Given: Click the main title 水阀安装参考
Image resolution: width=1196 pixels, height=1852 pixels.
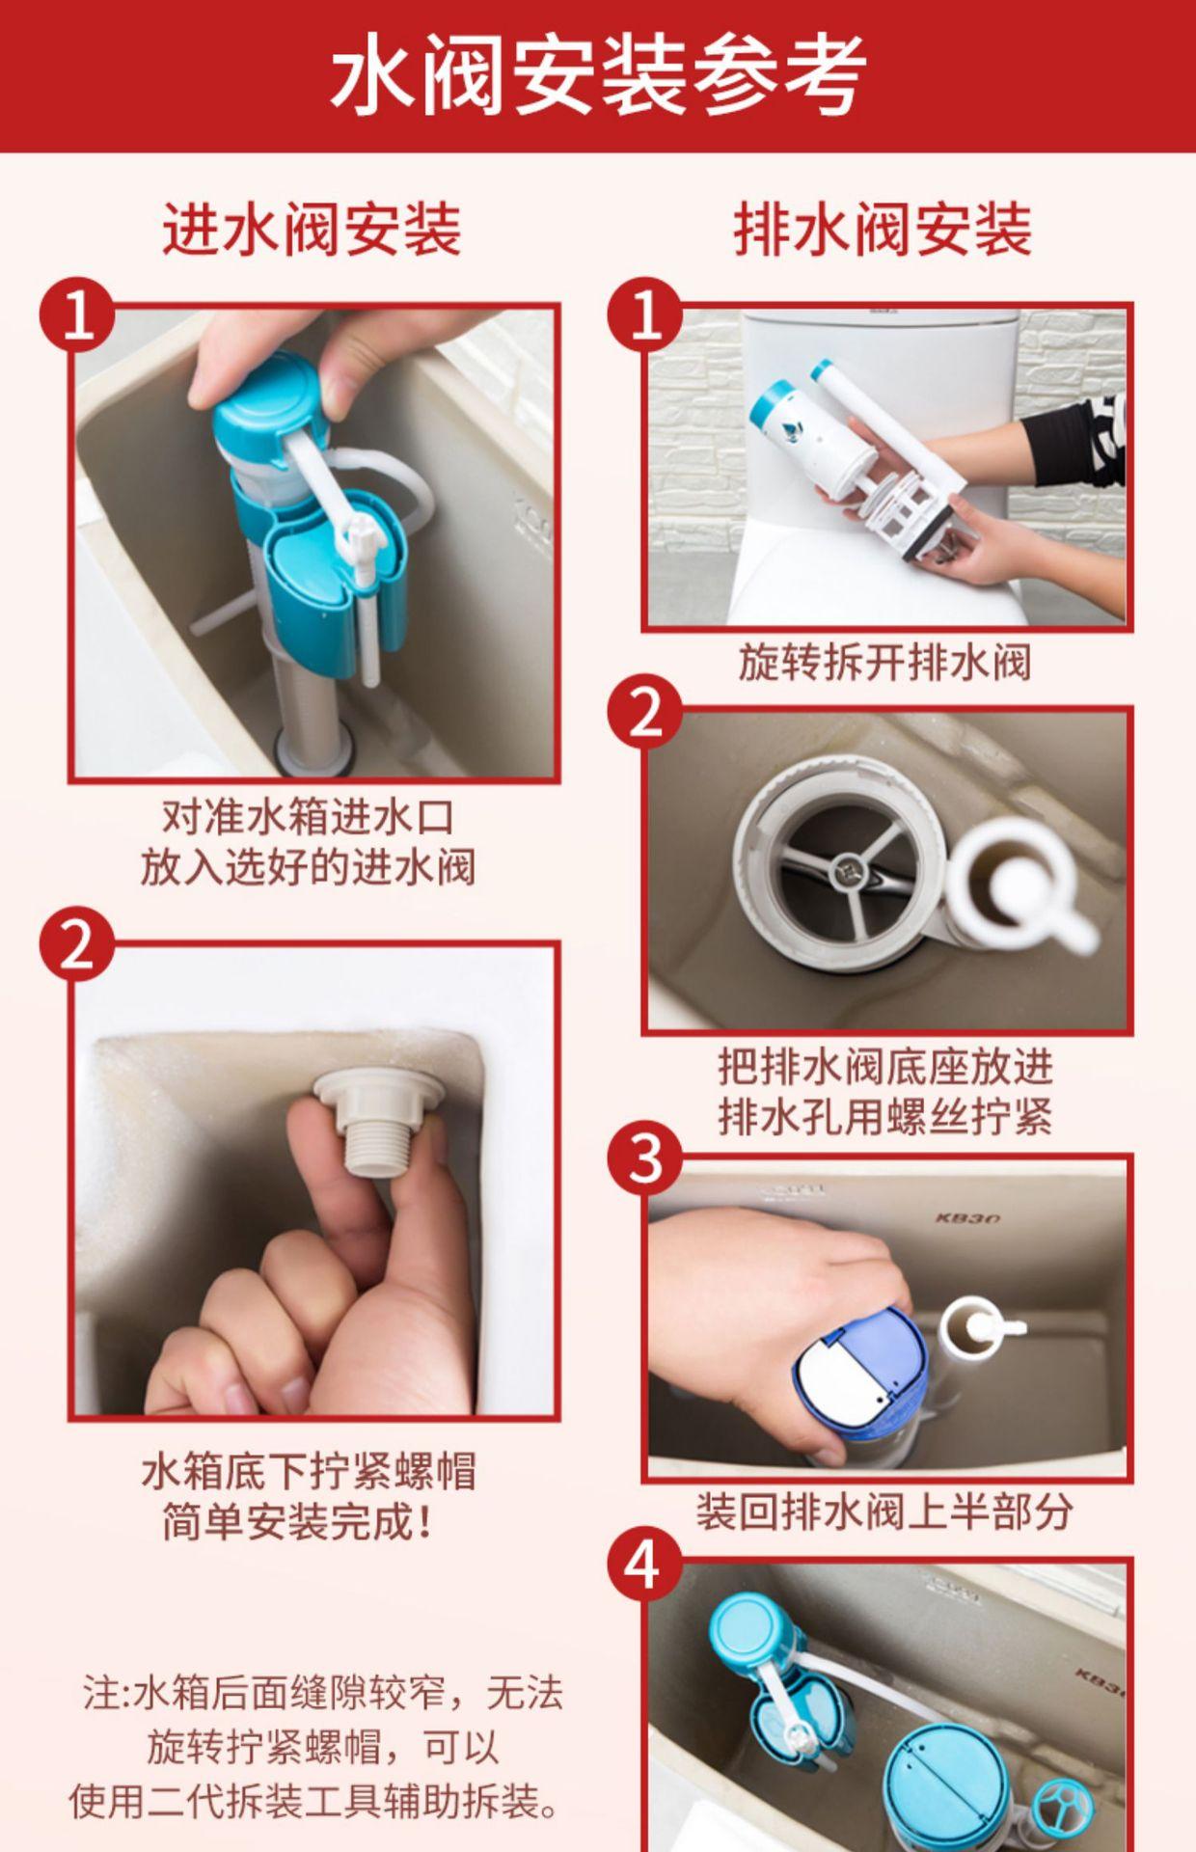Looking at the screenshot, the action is coord(598,75).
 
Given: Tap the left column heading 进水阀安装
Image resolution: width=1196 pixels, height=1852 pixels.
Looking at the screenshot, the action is coord(312,230).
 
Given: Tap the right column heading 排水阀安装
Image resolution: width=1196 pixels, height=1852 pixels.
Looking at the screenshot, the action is coord(883,230).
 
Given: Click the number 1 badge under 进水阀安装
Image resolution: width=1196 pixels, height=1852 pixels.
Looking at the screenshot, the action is coord(76,314).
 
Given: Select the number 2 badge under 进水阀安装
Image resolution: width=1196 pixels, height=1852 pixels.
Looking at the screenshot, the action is coord(76,945).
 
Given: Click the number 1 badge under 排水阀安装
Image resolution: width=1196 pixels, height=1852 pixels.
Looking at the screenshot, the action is coord(644,314).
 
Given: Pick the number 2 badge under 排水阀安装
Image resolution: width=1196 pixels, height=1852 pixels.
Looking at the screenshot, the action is coord(644,716).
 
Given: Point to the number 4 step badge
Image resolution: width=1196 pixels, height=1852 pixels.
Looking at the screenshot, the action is coord(644,1565).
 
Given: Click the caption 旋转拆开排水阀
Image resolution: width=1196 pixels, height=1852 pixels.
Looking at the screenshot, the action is coord(884,663).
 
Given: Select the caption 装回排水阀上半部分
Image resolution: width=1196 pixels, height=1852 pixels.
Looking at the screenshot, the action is coord(884,1512).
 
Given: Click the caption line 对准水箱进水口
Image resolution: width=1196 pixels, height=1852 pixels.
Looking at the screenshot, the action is coord(309,817).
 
